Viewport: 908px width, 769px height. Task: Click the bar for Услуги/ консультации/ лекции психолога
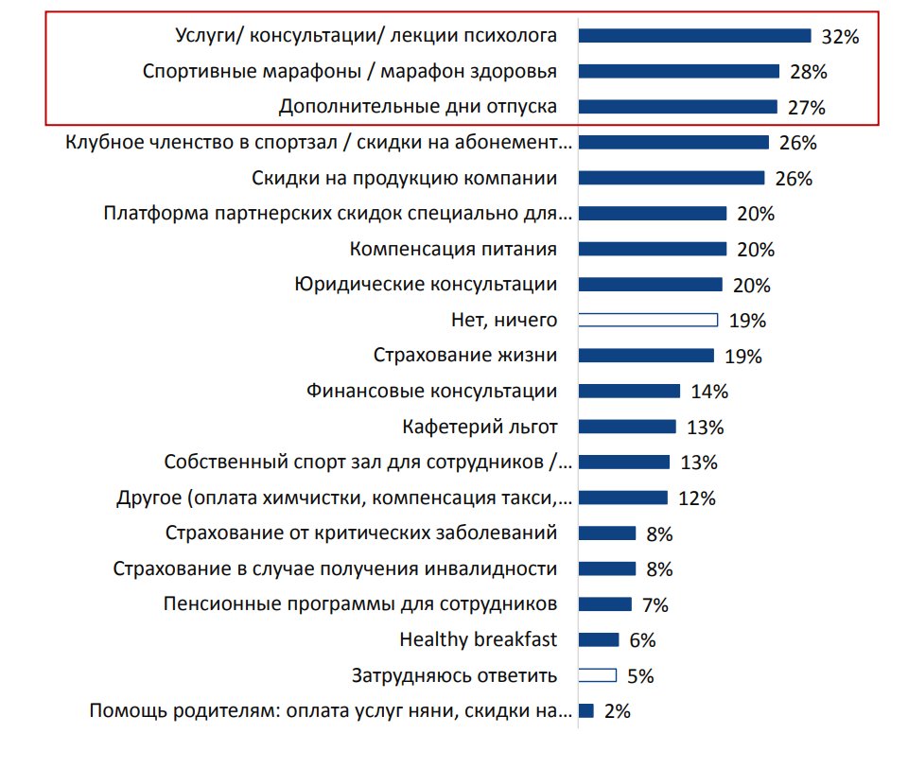[x=694, y=36]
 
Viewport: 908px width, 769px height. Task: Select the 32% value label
[x=839, y=38]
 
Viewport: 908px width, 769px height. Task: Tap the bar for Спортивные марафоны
[x=678, y=71]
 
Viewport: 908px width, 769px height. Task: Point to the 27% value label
[x=806, y=108]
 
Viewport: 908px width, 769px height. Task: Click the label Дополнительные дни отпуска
[x=417, y=107]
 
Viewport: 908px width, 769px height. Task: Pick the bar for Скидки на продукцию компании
[x=671, y=178]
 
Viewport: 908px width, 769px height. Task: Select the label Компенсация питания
[x=453, y=250]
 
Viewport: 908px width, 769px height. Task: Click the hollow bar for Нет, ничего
[x=648, y=320]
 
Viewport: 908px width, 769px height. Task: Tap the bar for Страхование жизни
[x=646, y=356]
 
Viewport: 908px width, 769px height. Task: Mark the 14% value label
[x=708, y=392]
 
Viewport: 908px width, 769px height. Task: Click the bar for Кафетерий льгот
[x=627, y=427]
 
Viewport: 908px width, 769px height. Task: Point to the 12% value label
[x=696, y=498]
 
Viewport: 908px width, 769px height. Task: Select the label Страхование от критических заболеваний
[x=361, y=533]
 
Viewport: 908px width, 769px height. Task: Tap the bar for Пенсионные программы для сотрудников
[x=604, y=604]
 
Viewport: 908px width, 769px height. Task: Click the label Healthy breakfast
[x=479, y=640]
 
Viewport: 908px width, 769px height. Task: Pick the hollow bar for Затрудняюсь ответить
[x=597, y=675]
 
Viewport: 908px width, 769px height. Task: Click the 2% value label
[x=617, y=711]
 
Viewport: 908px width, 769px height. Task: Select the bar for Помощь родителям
[x=585, y=710]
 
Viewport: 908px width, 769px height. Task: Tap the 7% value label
[x=655, y=605]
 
